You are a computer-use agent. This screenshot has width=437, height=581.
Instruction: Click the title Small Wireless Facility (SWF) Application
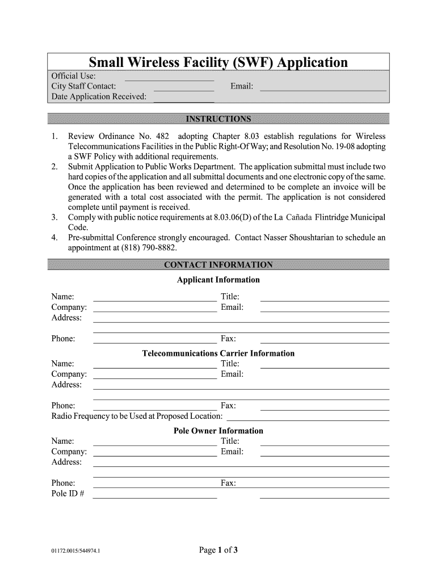(218, 62)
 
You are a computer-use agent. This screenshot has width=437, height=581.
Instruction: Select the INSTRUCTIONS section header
(218, 119)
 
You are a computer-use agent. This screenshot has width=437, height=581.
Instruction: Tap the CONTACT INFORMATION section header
(218, 265)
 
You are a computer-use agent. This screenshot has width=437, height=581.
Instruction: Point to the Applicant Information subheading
(218, 280)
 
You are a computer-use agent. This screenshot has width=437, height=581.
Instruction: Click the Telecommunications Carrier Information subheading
(218, 353)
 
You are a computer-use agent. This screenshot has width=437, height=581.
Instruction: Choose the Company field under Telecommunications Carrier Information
(154, 376)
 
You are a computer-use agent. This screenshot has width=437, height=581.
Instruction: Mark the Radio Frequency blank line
(307, 418)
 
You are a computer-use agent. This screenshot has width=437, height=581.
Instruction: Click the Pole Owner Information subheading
(218, 431)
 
